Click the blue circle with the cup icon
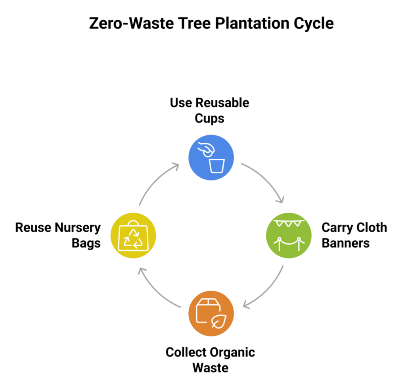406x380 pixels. tap(211, 157)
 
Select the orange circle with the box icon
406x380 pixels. tap(211, 313)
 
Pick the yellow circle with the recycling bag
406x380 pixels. tap(133, 236)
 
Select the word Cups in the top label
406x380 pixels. tap(209, 118)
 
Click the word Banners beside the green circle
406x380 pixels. tap(345, 243)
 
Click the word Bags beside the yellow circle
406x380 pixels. tap(86, 243)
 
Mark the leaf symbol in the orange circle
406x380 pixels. tap(217, 322)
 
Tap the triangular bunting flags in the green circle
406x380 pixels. tap(290, 223)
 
